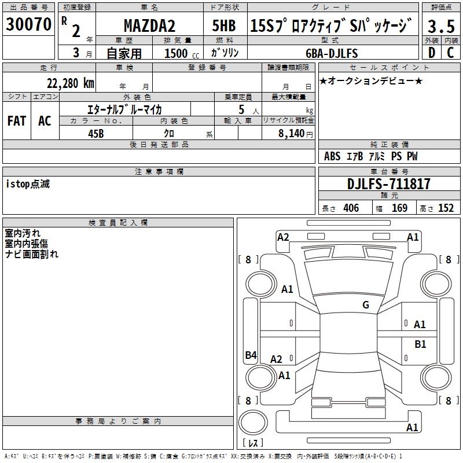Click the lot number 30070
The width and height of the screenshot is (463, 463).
coord(28,25)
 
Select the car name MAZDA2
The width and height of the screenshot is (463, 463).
coord(149,26)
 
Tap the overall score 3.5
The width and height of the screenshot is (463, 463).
coord(440,26)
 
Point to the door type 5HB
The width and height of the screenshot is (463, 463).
coord(224,26)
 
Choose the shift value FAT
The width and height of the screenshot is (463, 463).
coord(17,121)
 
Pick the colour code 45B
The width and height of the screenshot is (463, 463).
coord(95,133)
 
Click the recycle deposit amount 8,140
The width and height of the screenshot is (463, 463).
coord(289,134)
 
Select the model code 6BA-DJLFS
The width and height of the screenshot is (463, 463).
coord(332,53)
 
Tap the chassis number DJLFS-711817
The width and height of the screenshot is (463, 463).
coord(389,184)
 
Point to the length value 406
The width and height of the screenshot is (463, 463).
coord(351,208)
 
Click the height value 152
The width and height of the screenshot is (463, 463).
coord(446,208)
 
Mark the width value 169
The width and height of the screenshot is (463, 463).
coord(399,208)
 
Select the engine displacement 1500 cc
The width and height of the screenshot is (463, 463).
coord(177,53)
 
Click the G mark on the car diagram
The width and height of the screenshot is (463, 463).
coord(365,304)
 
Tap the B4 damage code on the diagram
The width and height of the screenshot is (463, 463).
coord(251,355)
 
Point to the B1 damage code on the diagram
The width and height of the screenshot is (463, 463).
coord(420,344)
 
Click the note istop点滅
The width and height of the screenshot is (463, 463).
coord(28,184)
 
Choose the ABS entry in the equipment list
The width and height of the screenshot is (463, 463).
coord(332,156)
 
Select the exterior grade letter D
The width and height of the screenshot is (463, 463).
coord(431,53)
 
